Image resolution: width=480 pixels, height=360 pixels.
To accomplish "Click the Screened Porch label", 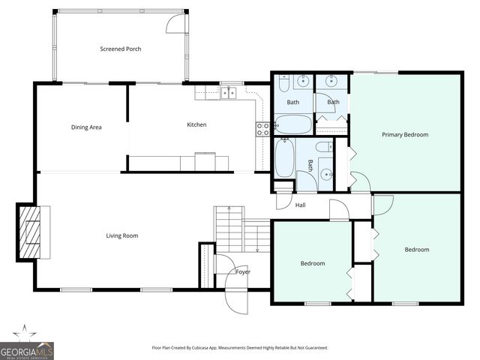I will click(x=121, y=49).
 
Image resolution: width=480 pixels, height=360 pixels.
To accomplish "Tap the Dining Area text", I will click(x=86, y=127).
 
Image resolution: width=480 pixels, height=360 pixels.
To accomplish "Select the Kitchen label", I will click(x=196, y=124).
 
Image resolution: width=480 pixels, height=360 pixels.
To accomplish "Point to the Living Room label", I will click(x=121, y=235).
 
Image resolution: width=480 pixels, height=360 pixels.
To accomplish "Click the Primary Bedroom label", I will click(x=405, y=135).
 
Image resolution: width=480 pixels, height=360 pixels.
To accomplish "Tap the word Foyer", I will click(x=243, y=271).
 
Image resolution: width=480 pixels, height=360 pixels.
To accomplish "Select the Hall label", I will click(x=300, y=205).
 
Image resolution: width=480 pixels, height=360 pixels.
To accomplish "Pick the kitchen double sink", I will click(x=229, y=93).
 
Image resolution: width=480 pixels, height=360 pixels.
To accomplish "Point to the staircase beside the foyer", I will click(x=230, y=229).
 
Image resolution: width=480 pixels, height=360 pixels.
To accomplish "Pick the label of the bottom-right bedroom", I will click(x=417, y=250).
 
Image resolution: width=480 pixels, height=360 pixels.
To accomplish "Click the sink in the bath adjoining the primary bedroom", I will click(x=331, y=82).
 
